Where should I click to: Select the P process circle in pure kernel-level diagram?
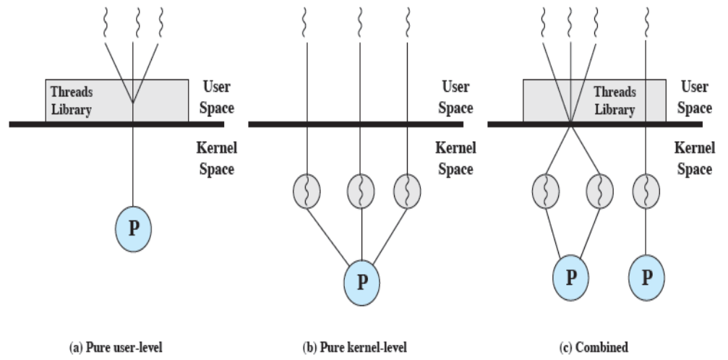pyautogui.click(x=362, y=279)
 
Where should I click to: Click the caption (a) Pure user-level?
pyautogui.click(x=116, y=348)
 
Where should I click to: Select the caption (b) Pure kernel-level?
pyautogui.click(x=359, y=348)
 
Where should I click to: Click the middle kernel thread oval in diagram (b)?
pyautogui.click(x=361, y=192)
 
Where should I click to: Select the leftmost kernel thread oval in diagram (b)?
pyautogui.click(x=308, y=192)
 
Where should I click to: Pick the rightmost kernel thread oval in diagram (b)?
pyautogui.click(x=407, y=192)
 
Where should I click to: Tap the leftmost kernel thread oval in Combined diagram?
pyautogui.click(x=546, y=192)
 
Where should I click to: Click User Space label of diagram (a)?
pyautogui.click(x=216, y=98)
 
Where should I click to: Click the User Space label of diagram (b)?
pyautogui.click(x=455, y=98)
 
